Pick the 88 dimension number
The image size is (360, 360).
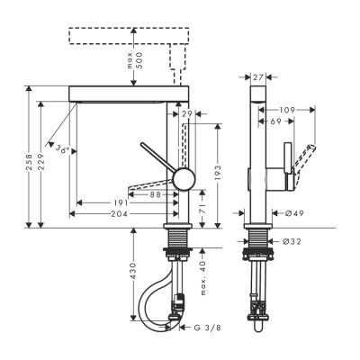[x=155, y=193]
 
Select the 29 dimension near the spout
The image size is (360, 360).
[x=186, y=114]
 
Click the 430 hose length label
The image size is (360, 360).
[x=132, y=269]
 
